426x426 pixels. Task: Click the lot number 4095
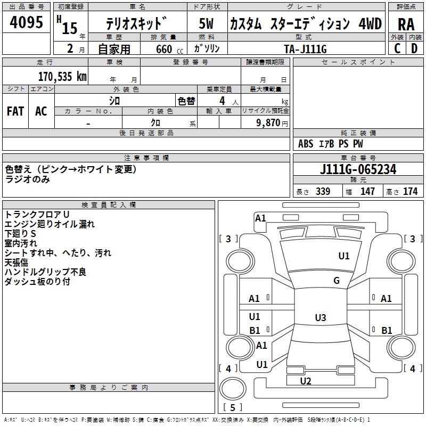coord(26,22)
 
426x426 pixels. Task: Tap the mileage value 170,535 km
coord(62,77)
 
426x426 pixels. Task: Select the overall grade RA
coord(406,24)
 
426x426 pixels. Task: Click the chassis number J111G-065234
coord(358,169)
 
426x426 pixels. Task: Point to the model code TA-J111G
coord(305,49)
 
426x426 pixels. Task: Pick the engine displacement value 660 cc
coord(169,50)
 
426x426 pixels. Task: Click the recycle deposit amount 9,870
coord(268,123)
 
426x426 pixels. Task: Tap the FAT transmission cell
coord(15,111)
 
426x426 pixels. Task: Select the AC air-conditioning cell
coord(41,111)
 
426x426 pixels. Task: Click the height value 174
coord(410,191)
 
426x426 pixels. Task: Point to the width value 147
coord(367,191)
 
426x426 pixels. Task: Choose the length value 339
coord(323,191)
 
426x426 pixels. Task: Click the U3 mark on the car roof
coord(321,317)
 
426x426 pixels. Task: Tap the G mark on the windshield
coord(337,281)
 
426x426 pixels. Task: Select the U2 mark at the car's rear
coord(306,381)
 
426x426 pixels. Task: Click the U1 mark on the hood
coord(344,256)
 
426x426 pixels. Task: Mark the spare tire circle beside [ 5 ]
coord(233,389)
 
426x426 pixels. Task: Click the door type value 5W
coord(206,23)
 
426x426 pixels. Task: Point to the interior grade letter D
coord(414,48)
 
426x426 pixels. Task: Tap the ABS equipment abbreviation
coord(306,144)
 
